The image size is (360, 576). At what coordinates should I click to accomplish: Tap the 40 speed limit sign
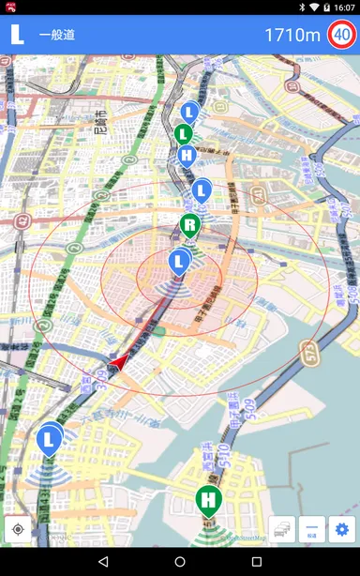click(341, 36)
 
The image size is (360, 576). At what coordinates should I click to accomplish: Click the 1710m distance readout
click(292, 36)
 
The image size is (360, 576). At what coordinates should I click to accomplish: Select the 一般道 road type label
click(56, 36)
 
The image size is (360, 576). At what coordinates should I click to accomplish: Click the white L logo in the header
click(17, 35)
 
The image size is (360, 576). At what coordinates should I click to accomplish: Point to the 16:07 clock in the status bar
click(344, 7)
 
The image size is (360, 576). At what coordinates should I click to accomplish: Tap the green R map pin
click(190, 225)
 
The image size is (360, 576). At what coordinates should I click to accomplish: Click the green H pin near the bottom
click(209, 499)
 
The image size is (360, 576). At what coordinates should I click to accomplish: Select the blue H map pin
click(187, 155)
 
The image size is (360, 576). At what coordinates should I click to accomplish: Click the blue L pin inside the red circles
click(179, 261)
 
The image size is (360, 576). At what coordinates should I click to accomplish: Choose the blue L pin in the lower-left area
click(49, 438)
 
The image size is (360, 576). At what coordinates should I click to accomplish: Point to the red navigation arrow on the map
click(119, 360)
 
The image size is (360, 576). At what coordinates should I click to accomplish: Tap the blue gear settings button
click(341, 529)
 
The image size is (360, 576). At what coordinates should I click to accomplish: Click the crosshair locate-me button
click(18, 529)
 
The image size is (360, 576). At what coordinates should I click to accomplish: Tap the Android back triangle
click(102, 561)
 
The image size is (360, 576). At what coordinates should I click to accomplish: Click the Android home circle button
click(180, 561)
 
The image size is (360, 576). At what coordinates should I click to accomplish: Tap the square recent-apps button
click(257, 561)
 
